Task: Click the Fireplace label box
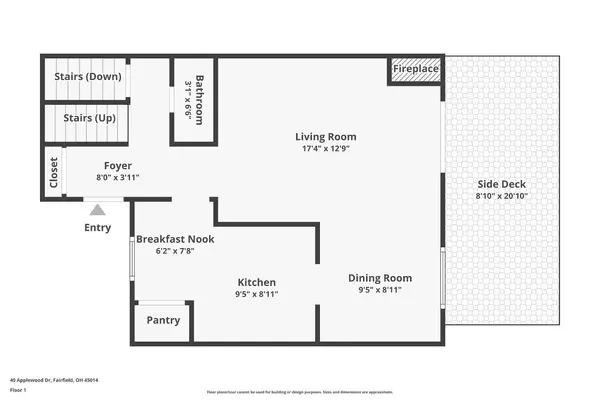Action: coord(415,70)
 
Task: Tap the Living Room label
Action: coord(325,137)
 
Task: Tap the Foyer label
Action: coord(118,166)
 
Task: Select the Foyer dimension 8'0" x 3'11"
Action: coord(118,178)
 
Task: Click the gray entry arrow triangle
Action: coord(97,209)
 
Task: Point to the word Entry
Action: coord(98,228)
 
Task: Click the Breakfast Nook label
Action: coord(175,239)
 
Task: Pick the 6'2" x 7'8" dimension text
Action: coord(175,253)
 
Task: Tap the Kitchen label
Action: coord(256,282)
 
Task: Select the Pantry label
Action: coord(163,321)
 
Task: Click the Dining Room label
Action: coord(379,278)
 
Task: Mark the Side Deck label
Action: coord(501,184)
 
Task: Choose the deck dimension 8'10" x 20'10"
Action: coord(501,197)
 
